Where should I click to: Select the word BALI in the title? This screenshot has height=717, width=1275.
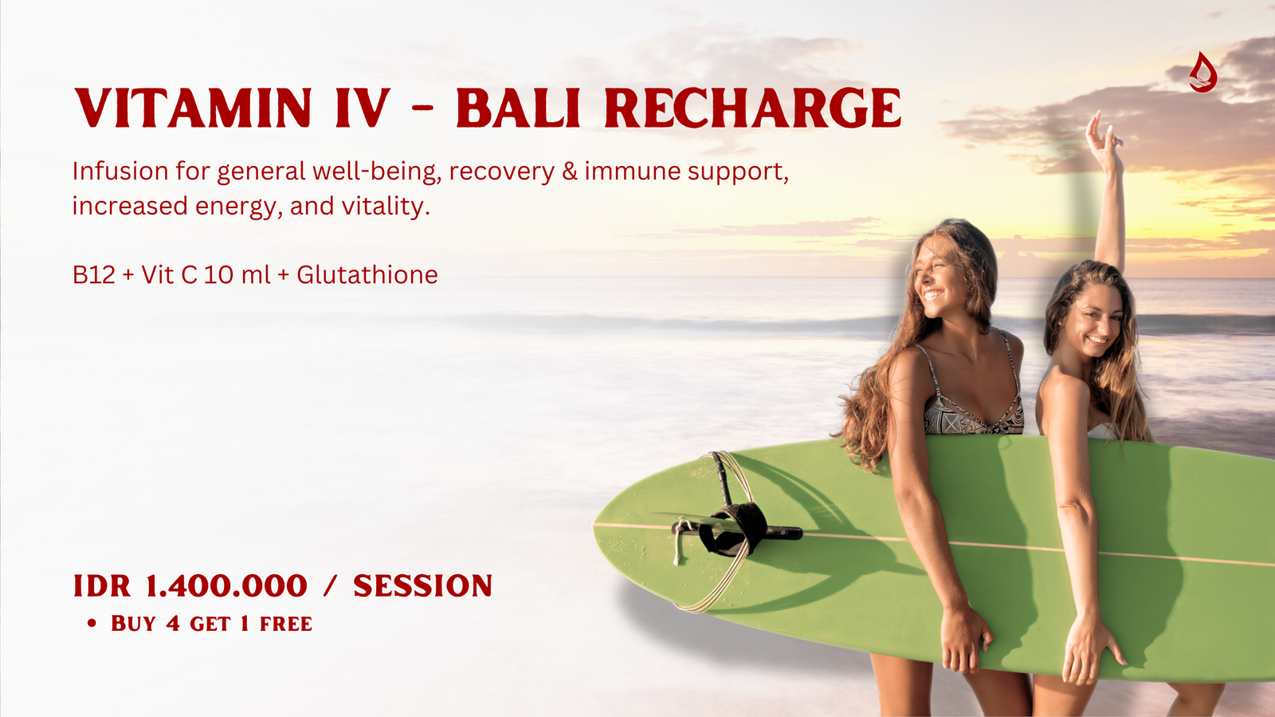(517, 108)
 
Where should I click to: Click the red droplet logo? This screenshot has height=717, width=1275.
(1202, 72)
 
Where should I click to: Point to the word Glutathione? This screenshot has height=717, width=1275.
(367, 274)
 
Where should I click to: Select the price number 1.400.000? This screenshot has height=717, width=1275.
(226, 586)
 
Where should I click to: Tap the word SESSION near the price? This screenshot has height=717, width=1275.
(422, 586)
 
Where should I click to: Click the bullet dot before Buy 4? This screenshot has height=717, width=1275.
(92, 624)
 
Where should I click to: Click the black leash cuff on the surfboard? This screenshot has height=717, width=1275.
(732, 530)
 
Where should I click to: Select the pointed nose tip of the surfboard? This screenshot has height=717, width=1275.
(594, 525)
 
